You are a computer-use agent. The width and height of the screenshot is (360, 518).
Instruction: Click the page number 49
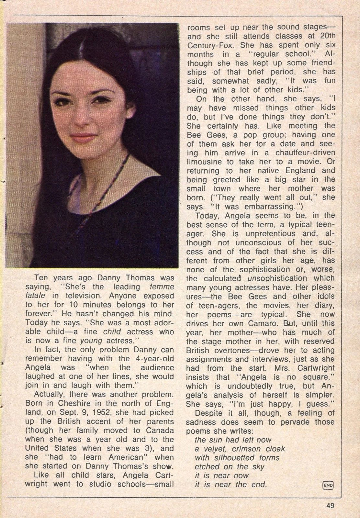[x=330, y=505]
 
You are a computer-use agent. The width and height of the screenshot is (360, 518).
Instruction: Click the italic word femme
[x=163, y=287]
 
